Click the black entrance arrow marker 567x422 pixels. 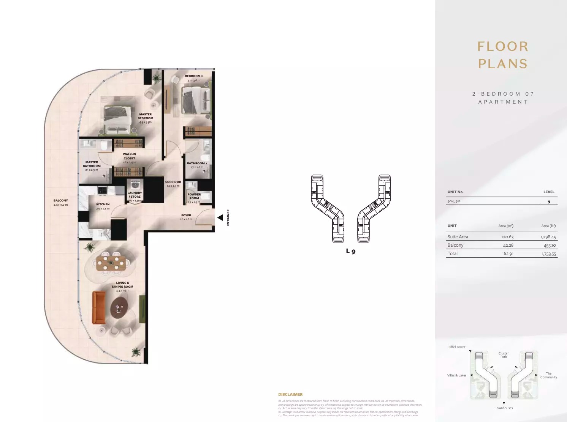pyautogui.click(x=220, y=217)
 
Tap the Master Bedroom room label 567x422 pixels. pyautogui.click(x=146, y=117)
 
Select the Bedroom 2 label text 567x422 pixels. pyautogui.click(x=194, y=76)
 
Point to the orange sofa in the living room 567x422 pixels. pyautogui.click(x=99, y=307)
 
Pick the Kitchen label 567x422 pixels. pyautogui.click(x=103, y=204)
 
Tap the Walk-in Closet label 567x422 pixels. pyautogui.click(x=129, y=156)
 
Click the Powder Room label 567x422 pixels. pyautogui.click(x=194, y=196)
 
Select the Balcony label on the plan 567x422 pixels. pyautogui.click(x=61, y=200)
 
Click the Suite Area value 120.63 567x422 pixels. pyautogui.click(x=507, y=237)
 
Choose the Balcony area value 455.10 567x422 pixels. pyautogui.click(x=550, y=246)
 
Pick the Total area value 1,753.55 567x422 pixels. pyautogui.click(x=549, y=254)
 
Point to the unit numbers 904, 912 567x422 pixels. pyautogui.click(x=454, y=201)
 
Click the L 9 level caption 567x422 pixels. pyautogui.click(x=351, y=251)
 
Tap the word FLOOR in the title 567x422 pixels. pyautogui.click(x=503, y=47)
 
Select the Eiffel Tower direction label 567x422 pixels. pyautogui.click(x=457, y=347)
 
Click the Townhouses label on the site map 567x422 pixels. pyautogui.click(x=504, y=408)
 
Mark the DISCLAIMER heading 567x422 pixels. pyautogui.click(x=290, y=395)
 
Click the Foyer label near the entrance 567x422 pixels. pyautogui.click(x=186, y=215)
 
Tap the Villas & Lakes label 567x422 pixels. pyautogui.click(x=457, y=375)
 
